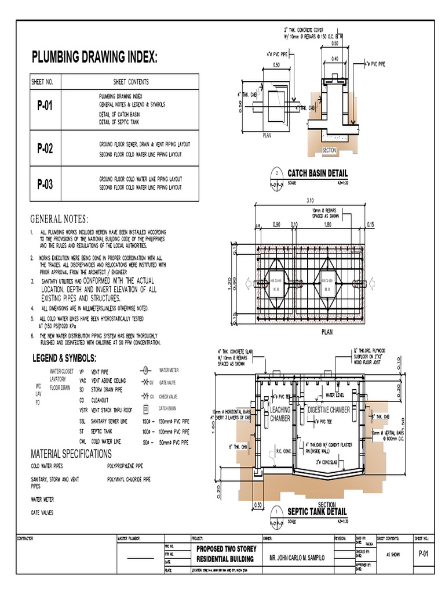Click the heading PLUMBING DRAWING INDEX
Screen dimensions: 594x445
point(94,57)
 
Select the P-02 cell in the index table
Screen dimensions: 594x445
point(45,148)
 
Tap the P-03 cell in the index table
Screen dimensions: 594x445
point(45,184)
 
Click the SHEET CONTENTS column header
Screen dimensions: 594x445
point(131,82)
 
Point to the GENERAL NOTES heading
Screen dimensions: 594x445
point(60,219)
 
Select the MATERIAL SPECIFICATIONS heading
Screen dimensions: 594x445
point(71,453)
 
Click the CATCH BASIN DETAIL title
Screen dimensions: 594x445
point(318,173)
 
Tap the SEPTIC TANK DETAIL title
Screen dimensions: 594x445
point(317,512)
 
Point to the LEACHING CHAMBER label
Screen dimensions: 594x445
point(280,414)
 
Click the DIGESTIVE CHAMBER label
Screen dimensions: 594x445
point(329,410)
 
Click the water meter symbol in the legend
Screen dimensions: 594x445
point(146,370)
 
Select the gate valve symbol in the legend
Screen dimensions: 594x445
point(145,383)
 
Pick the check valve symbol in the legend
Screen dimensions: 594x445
point(145,397)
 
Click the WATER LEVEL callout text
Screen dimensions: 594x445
point(336,395)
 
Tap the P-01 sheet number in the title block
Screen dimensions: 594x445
point(423,554)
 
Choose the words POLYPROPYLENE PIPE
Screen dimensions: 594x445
point(125,466)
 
